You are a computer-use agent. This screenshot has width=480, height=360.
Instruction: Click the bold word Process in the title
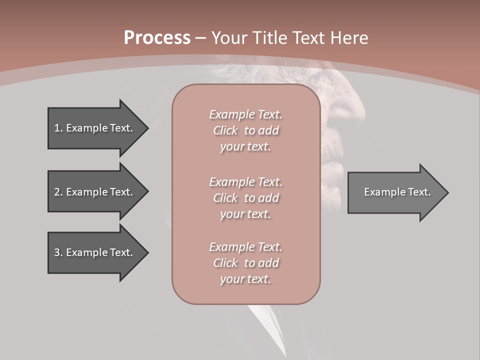pyautogui.click(x=157, y=38)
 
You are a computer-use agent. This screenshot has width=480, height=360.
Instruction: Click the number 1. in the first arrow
pyautogui.click(x=58, y=128)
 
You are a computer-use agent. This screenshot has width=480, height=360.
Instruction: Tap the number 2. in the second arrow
pyautogui.click(x=58, y=192)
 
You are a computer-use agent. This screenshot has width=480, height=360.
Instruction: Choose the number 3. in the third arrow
pyautogui.click(x=58, y=252)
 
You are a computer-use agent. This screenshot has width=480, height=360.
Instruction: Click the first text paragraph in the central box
pyautogui.click(x=245, y=130)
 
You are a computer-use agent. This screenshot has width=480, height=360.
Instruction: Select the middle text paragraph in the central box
pyautogui.click(x=245, y=198)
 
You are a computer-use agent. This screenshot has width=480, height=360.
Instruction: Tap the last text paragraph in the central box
pyautogui.click(x=245, y=263)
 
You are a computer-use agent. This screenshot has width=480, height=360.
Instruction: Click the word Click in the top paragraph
pyautogui.click(x=225, y=130)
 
